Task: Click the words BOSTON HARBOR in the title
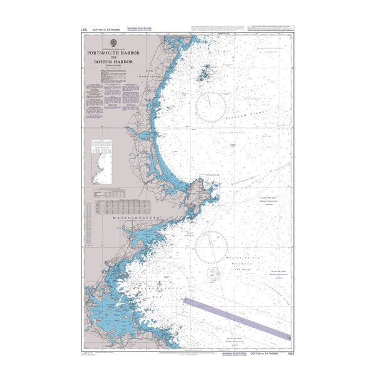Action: [113, 61]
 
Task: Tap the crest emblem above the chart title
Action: [113, 43]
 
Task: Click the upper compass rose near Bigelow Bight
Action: [211, 107]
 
